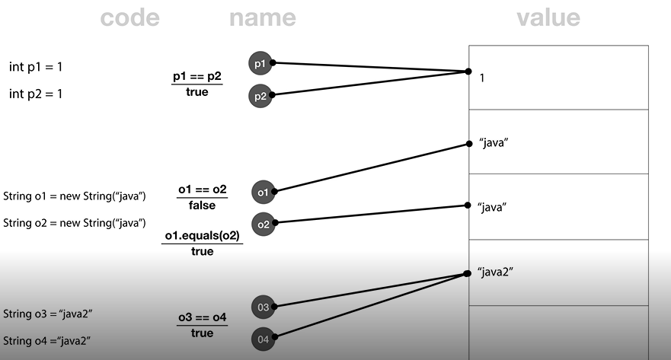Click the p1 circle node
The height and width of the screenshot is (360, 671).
point(260,63)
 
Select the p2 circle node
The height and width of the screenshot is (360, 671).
point(260,95)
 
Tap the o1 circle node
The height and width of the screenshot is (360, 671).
point(264,193)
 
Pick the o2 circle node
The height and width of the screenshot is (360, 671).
point(264,225)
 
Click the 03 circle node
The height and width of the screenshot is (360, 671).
point(263,307)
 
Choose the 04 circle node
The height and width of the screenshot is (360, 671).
point(263,339)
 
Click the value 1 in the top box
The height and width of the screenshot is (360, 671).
point(483,78)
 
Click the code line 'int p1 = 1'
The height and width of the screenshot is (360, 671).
point(36,67)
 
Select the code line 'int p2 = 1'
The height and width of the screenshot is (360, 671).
point(36,94)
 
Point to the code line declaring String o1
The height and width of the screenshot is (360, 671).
point(75,196)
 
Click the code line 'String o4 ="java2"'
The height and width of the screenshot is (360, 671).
point(48,340)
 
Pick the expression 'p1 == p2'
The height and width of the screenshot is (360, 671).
point(197,78)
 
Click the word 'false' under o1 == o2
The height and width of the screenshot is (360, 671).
point(202,205)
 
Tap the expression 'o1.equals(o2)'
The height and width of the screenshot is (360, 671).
point(202,237)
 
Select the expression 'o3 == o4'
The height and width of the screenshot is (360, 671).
point(202,318)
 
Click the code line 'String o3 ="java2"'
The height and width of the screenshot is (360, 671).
point(48,314)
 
